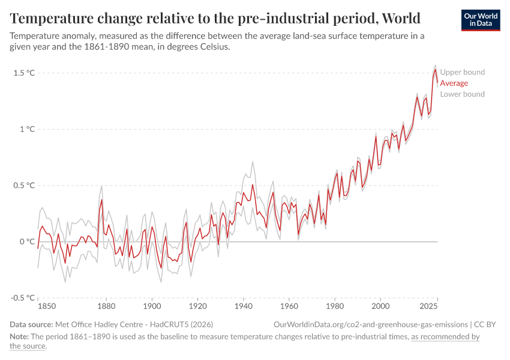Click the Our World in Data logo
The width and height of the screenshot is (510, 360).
481,20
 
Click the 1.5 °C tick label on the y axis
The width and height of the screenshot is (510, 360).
24,73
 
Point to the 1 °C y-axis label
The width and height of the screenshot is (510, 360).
28,129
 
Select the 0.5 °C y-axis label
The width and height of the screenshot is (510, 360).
24,185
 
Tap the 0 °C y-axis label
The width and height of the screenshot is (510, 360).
28,242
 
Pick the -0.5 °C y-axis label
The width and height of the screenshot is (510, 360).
23,298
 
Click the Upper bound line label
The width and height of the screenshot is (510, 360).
462,73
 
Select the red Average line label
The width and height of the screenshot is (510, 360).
454,83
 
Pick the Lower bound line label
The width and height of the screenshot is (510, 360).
462,94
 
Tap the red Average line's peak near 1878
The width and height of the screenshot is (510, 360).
102,200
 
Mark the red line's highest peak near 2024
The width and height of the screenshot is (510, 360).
435,70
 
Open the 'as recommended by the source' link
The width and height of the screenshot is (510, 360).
445,337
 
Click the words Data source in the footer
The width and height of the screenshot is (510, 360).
31,325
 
